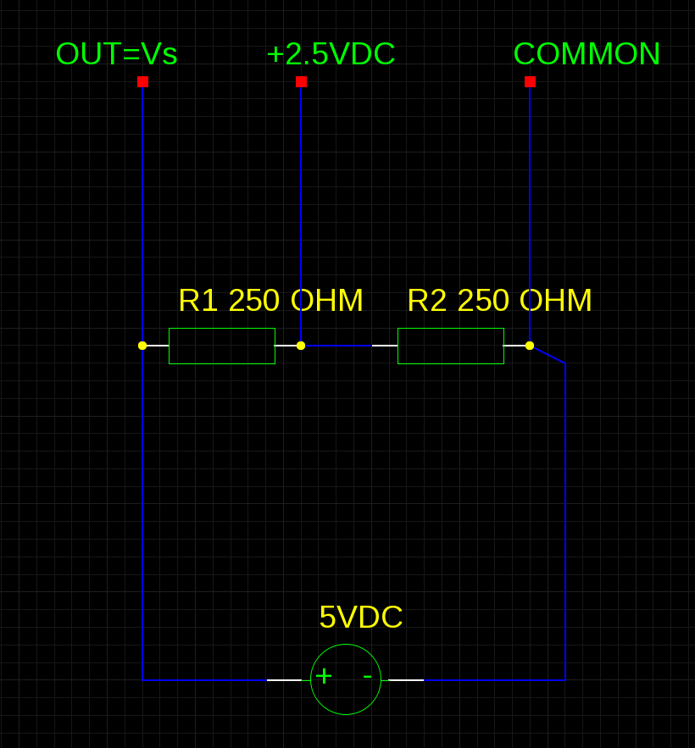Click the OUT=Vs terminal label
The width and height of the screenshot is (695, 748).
tap(116, 54)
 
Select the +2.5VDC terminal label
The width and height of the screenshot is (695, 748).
tap(331, 54)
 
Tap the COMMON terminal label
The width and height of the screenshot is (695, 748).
tap(587, 54)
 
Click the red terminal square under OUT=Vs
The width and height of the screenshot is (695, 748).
tap(142, 82)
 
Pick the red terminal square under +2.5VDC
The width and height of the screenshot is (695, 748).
tap(301, 82)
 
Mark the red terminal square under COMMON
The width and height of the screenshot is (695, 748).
tap(530, 82)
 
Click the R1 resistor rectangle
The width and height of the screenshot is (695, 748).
tap(222, 346)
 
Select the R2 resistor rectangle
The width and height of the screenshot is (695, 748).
tap(451, 346)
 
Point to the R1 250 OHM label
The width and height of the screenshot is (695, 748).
tap(270, 301)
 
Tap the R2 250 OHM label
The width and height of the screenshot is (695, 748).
tap(499, 301)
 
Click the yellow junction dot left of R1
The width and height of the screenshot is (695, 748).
tap(142, 346)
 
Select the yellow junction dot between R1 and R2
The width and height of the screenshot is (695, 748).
tap(301, 346)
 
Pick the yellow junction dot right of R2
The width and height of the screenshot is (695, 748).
tap(530, 346)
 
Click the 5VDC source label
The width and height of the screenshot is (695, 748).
tap(360, 618)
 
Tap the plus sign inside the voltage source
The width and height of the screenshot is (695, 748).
tap(324, 676)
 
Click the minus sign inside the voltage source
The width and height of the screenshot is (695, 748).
tap(367, 676)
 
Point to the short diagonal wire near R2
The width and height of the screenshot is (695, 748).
tap(548, 355)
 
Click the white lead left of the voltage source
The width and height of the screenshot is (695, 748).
tap(284, 679)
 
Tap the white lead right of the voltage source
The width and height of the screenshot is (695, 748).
tap(406, 679)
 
